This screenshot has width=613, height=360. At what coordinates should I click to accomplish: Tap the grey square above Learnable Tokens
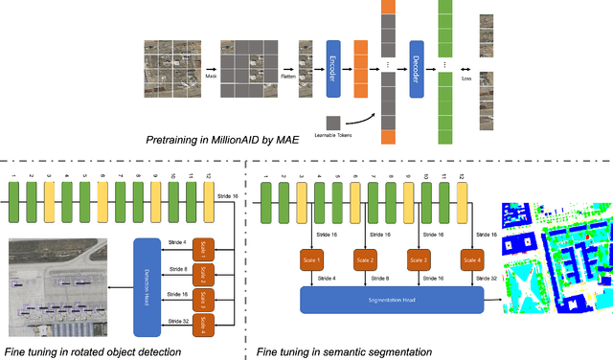(333, 123)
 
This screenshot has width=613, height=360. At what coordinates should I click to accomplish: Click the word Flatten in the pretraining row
(286, 74)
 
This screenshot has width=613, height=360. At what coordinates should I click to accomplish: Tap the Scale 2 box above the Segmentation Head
(366, 261)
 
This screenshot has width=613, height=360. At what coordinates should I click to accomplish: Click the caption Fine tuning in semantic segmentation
(345, 351)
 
